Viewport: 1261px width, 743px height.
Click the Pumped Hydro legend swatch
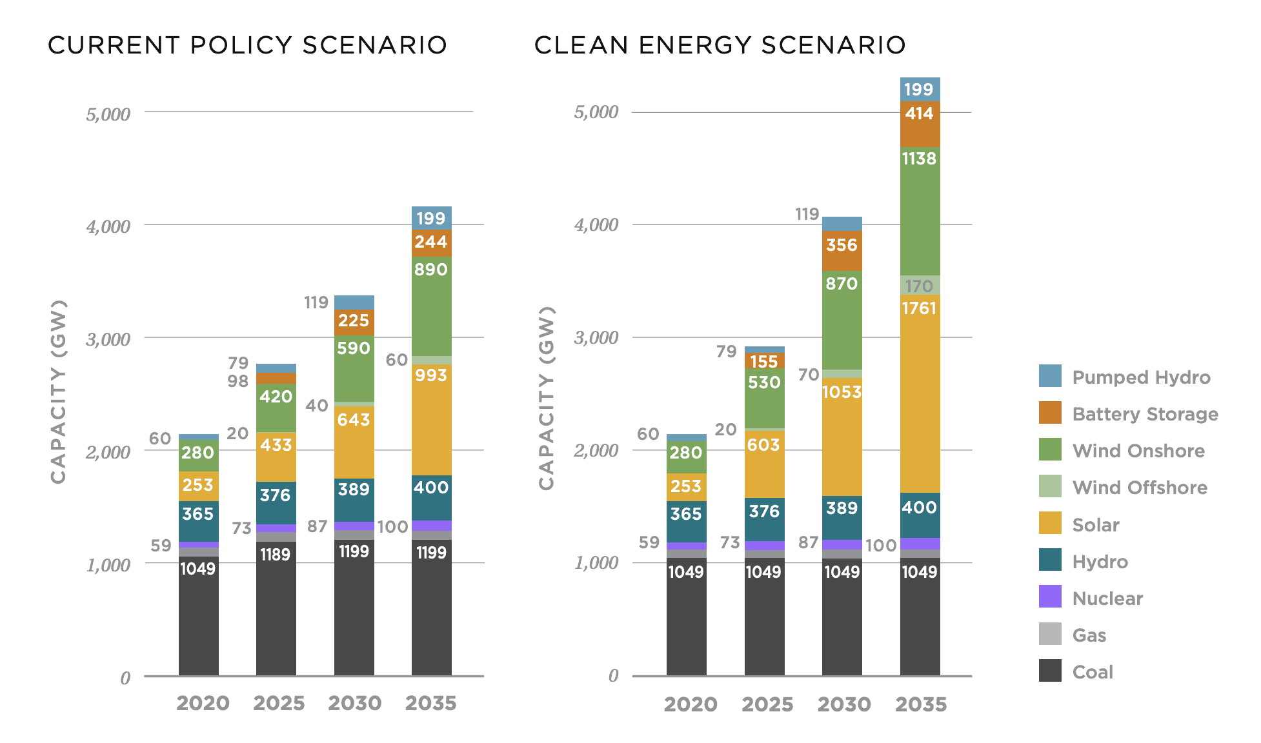point(1050,376)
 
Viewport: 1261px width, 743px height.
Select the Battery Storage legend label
point(1145,414)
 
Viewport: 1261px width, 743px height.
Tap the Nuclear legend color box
point(1050,597)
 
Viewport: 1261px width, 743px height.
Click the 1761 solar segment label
point(919,308)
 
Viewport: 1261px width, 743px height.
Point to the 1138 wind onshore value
point(919,159)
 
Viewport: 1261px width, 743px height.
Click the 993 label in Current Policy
point(431,375)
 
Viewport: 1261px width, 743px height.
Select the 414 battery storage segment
point(919,114)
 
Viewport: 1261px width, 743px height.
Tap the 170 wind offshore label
point(919,286)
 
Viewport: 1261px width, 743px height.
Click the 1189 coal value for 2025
point(276,554)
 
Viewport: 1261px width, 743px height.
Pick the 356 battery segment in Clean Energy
point(842,245)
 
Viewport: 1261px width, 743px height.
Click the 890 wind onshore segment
point(431,270)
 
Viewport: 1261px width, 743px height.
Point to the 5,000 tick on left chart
point(108,115)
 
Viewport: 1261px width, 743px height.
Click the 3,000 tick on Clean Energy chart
point(596,338)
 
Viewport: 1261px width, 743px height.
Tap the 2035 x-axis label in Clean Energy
point(920,704)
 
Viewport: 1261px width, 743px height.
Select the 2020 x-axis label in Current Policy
point(203,703)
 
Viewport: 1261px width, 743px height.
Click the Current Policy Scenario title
point(248,45)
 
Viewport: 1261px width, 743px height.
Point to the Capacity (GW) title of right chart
point(547,398)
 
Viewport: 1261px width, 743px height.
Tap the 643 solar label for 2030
point(354,420)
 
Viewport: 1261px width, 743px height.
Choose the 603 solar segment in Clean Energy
point(763,444)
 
